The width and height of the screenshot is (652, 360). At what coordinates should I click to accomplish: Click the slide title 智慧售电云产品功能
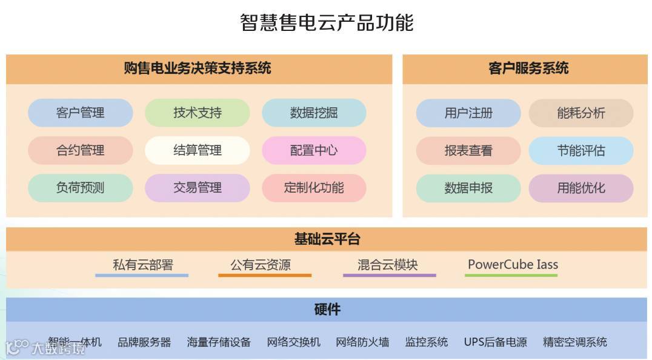pyautogui.click(x=327, y=23)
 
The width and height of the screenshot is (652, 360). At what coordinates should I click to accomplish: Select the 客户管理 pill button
pyautogui.click(x=80, y=113)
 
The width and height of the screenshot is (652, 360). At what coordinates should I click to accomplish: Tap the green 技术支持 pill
pyautogui.click(x=197, y=113)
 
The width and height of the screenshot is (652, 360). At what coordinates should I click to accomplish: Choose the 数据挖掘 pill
pyautogui.click(x=314, y=113)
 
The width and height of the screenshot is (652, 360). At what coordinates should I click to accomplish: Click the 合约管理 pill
pyautogui.click(x=80, y=150)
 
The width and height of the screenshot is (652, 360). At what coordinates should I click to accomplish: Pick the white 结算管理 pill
pyautogui.click(x=197, y=150)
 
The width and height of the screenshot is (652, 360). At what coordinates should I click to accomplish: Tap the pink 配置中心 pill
pyautogui.click(x=314, y=150)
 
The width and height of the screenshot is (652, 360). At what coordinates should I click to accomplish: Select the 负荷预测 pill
pyautogui.click(x=80, y=188)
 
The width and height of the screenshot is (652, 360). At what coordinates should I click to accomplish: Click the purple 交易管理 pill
pyautogui.click(x=197, y=188)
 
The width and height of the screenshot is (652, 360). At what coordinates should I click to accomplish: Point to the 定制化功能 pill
pyautogui.click(x=314, y=188)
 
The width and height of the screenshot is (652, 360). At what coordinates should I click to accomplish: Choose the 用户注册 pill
pyautogui.click(x=468, y=113)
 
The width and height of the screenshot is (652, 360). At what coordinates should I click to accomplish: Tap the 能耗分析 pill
pyautogui.click(x=581, y=113)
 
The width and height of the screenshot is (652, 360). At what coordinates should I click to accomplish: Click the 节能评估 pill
pyautogui.click(x=581, y=150)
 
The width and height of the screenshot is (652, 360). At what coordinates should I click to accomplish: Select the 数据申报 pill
pyautogui.click(x=468, y=188)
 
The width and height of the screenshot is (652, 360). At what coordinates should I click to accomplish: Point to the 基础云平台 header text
pyautogui.click(x=327, y=239)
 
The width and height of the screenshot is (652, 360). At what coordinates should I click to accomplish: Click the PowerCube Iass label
pyautogui.click(x=513, y=265)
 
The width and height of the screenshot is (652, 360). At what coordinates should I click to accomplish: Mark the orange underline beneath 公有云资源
pyautogui.click(x=265, y=276)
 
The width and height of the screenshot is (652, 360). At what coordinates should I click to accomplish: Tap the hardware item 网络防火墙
pyautogui.click(x=362, y=342)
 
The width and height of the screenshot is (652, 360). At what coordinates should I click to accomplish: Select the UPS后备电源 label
pyautogui.click(x=495, y=342)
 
